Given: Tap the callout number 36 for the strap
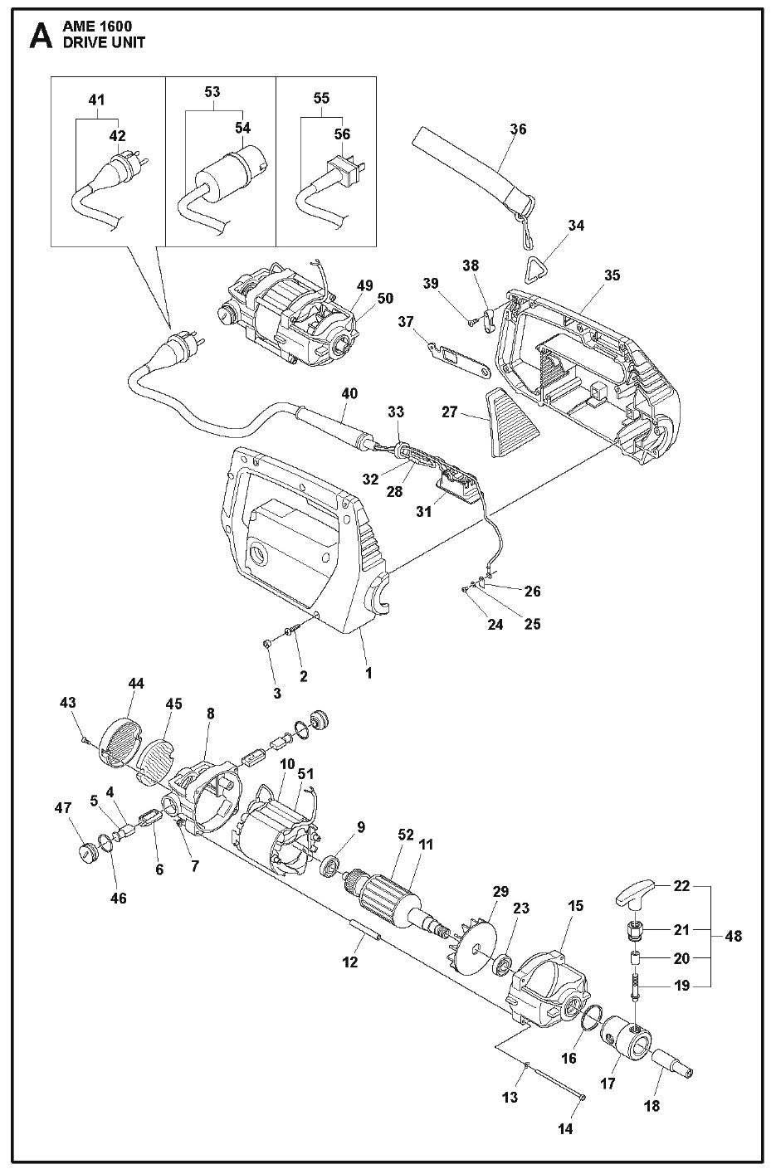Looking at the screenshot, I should point(518,129).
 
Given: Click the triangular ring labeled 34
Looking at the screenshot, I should point(539,270).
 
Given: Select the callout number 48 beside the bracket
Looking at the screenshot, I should point(733,936).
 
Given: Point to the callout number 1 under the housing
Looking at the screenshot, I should point(368,673).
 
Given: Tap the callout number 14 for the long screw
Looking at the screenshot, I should point(589,1128).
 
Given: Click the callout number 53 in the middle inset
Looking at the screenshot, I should point(212,91).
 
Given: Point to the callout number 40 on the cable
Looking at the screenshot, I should point(349,393).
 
